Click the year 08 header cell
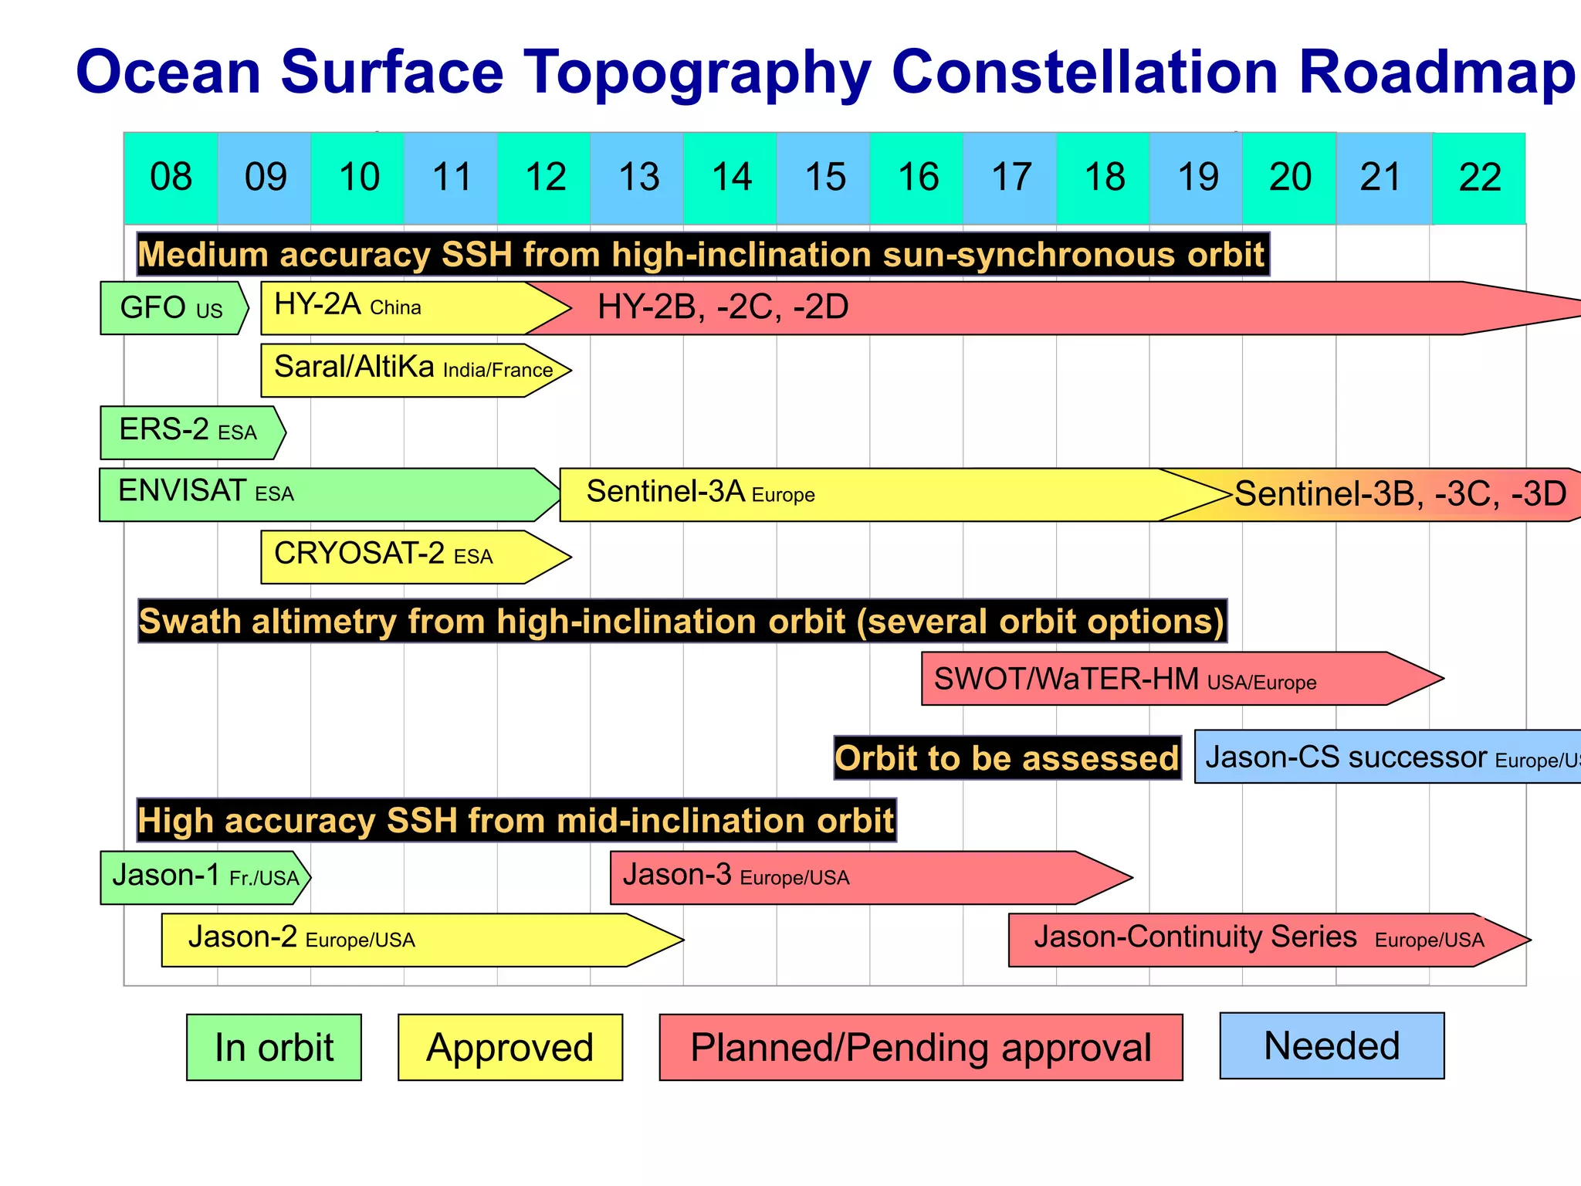point(171,178)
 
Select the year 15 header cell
point(824,178)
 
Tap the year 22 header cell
point(1479,178)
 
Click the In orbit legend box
point(274,1047)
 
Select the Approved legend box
point(510,1047)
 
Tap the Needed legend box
point(1332,1045)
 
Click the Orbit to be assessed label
point(1007,758)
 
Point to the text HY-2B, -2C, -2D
point(723,307)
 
